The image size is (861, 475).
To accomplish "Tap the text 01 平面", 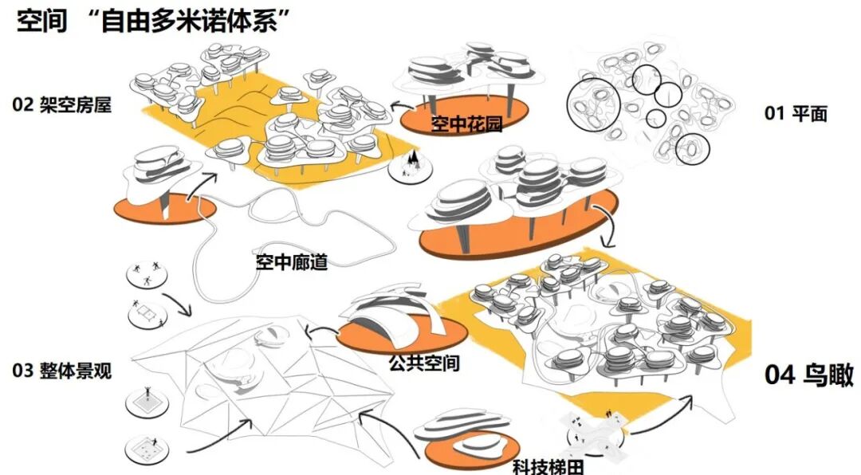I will (x=796, y=113).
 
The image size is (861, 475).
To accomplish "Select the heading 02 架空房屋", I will (x=61, y=104).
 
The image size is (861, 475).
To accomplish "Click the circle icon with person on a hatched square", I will (x=148, y=398).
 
